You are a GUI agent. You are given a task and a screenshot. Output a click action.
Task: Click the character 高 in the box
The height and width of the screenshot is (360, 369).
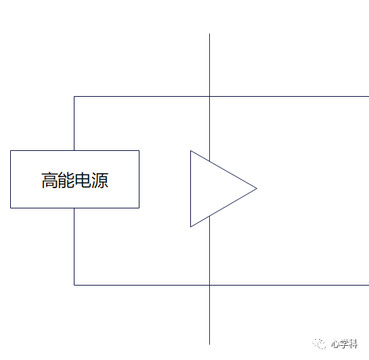(50, 181)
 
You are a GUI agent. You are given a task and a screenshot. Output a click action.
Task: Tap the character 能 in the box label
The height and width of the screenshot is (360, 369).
(66, 181)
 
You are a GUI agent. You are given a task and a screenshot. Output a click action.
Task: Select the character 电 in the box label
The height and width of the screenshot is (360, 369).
(83, 181)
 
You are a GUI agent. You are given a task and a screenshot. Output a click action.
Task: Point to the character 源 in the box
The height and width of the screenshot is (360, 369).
(100, 181)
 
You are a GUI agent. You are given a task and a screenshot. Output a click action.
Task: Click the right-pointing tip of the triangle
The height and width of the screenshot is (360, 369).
(257, 188)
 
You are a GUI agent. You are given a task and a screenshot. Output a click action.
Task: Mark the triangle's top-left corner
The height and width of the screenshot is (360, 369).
(191, 151)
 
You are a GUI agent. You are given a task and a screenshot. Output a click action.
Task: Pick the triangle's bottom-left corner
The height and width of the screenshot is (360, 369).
(191, 227)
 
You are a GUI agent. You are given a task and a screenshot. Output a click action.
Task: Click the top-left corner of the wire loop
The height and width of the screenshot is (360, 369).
(74, 96)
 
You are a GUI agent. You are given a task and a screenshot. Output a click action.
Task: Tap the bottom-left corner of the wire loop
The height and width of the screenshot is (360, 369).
(74, 285)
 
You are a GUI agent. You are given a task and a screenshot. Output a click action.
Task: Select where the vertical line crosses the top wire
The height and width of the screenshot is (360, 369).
(209, 96)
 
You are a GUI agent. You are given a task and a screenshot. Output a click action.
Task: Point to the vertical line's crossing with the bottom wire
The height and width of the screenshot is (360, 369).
(209, 285)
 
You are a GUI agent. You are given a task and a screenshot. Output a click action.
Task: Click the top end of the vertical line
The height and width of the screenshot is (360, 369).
(209, 34)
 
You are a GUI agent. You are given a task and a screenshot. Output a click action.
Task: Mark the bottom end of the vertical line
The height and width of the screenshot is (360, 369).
(209, 344)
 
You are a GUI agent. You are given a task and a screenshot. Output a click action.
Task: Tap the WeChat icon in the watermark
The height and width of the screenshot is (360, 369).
(320, 344)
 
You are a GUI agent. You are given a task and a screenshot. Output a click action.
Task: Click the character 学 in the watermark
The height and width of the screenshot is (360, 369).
(344, 344)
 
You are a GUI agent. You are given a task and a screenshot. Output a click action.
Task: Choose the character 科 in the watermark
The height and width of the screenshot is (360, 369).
(353, 344)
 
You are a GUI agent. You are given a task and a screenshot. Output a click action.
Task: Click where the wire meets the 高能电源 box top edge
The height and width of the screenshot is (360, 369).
(74, 150)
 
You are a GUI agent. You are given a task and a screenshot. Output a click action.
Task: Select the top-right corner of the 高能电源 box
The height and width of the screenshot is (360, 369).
(139, 151)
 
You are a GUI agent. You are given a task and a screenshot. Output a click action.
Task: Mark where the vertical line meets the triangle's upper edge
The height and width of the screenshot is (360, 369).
(209, 161)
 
